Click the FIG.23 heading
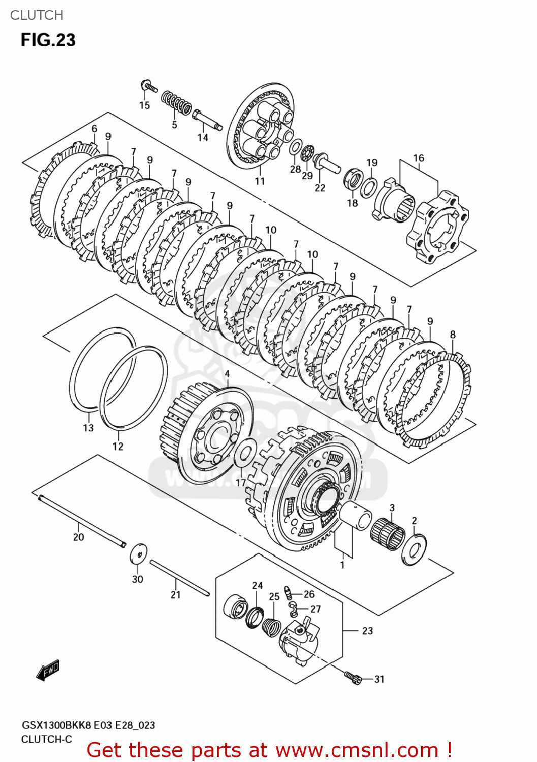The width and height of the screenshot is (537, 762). click(x=48, y=40)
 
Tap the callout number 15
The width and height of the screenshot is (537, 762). click(x=145, y=105)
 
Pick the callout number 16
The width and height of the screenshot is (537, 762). click(x=419, y=158)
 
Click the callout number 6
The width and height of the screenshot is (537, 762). click(x=94, y=129)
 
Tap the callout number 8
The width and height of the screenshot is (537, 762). click(x=453, y=334)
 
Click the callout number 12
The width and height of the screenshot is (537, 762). click(x=118, y=446)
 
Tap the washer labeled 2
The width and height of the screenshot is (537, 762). click(x=414, y=549)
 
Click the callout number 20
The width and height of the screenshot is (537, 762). click(x=78, y=537)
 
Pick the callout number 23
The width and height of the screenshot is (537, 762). click(x=367, y=630)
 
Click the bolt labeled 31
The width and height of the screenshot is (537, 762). click(x=353, y=677)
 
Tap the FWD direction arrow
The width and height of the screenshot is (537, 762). click(x=48, y=670)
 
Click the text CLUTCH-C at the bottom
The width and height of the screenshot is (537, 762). click(x=46, y=739)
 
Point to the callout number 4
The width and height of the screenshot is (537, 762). click(x=227, y=374)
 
